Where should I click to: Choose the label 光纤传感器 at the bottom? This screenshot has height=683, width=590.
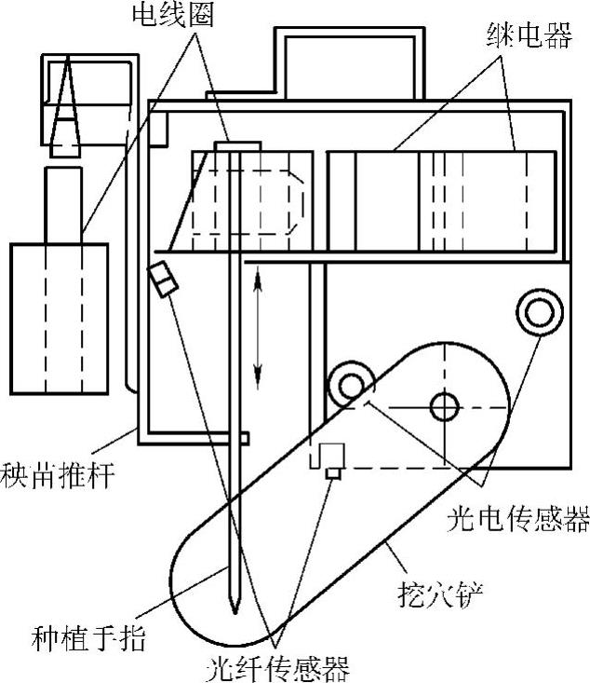[279, 667]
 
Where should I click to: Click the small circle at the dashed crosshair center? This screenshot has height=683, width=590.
[444, 405]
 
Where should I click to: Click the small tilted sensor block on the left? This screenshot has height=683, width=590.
[162, 280]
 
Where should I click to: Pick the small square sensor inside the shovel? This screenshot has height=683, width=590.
[329, 473]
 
